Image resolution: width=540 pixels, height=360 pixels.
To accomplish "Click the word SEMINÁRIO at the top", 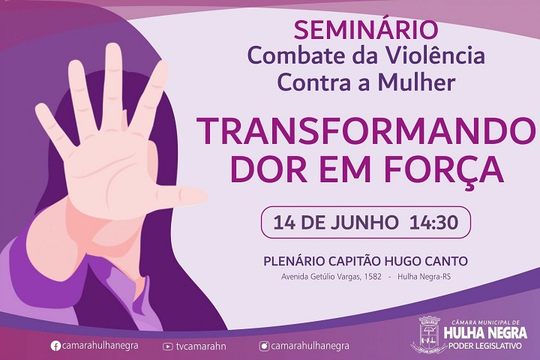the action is coord(366,30).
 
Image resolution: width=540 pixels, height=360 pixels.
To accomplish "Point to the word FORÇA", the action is coord(444,170).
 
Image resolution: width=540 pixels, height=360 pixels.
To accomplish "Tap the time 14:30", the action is coord(434,222).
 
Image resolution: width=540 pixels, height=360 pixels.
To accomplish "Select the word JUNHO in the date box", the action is coord(364,222).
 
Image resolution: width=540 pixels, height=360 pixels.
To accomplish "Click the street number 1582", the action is coord(372,277).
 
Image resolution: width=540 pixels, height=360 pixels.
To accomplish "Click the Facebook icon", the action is coord(55,346).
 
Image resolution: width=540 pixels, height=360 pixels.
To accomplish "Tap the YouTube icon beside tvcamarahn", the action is coord(168,346).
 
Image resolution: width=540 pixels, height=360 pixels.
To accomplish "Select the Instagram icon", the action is coord(264,346).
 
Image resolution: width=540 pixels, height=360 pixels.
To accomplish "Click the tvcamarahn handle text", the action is coord(201,346).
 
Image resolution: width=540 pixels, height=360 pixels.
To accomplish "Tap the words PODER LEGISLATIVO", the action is coord(485,346).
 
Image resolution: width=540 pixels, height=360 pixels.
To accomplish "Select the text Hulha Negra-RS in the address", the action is coord(424,277).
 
